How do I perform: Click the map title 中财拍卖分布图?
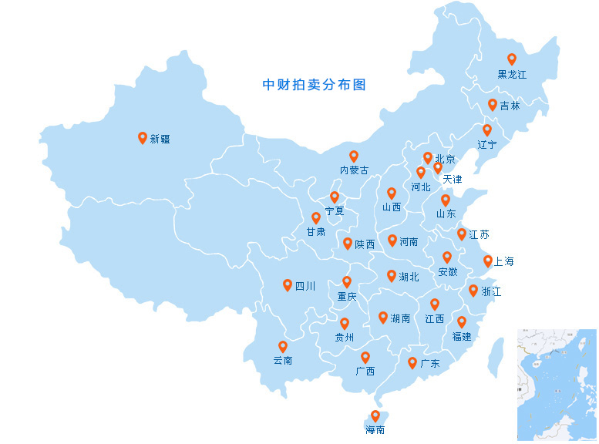(x=314, y=85)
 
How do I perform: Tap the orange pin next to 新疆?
(x=143, y=137)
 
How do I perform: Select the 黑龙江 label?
(x=512, y=75)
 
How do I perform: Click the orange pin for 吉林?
(x=493, y=104)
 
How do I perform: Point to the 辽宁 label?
(x=487, y=144)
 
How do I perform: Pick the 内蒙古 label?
(x=354, y=170)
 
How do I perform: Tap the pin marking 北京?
(x=428, y=157)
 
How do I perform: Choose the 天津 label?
(x=453, y=180)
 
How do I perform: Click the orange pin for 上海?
(x=488, y=261)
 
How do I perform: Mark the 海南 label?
(x=375, y=429)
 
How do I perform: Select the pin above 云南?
(x=283, y=346)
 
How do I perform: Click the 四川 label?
(x=305, y=286)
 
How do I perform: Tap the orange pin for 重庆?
(x=347, y=281)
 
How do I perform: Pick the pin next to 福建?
(x=462, y=321)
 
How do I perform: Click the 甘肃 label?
(x=315, y=231)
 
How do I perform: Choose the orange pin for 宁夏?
(x=335, y=197)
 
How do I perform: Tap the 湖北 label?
(x=409, y=276)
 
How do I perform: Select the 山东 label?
(x=446, y=214)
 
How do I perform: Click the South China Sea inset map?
(x=556, y=385)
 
